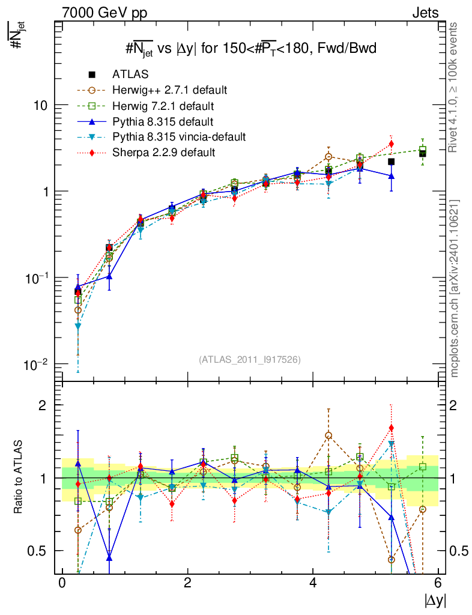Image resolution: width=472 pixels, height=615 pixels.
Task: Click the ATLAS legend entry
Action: click(x=129, y=74)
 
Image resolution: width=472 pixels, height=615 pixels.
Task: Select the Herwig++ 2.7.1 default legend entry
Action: click(x=169, y=90)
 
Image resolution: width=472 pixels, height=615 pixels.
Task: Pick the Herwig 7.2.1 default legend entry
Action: click(x=163, y=106)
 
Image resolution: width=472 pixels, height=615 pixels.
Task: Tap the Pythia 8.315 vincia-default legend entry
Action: click(x=179, y=137)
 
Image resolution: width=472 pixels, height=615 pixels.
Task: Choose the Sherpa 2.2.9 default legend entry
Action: click(x=163, y=153)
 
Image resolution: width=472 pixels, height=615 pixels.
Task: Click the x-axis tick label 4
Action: click(x=313, y=583)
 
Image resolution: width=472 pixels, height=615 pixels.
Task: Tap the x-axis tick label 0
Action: click(x=62, y=583)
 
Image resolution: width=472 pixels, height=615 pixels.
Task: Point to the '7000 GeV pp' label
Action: click(x=104, y=13)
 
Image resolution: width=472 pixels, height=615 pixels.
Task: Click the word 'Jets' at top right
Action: click(x=425, y=13)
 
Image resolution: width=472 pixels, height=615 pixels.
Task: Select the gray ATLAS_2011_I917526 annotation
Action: click(x=249, y=359)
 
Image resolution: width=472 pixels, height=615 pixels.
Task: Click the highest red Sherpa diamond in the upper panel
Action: click(x=391, y=144)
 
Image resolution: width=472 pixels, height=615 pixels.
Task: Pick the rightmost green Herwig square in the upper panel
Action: click(x=423, y=150)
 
